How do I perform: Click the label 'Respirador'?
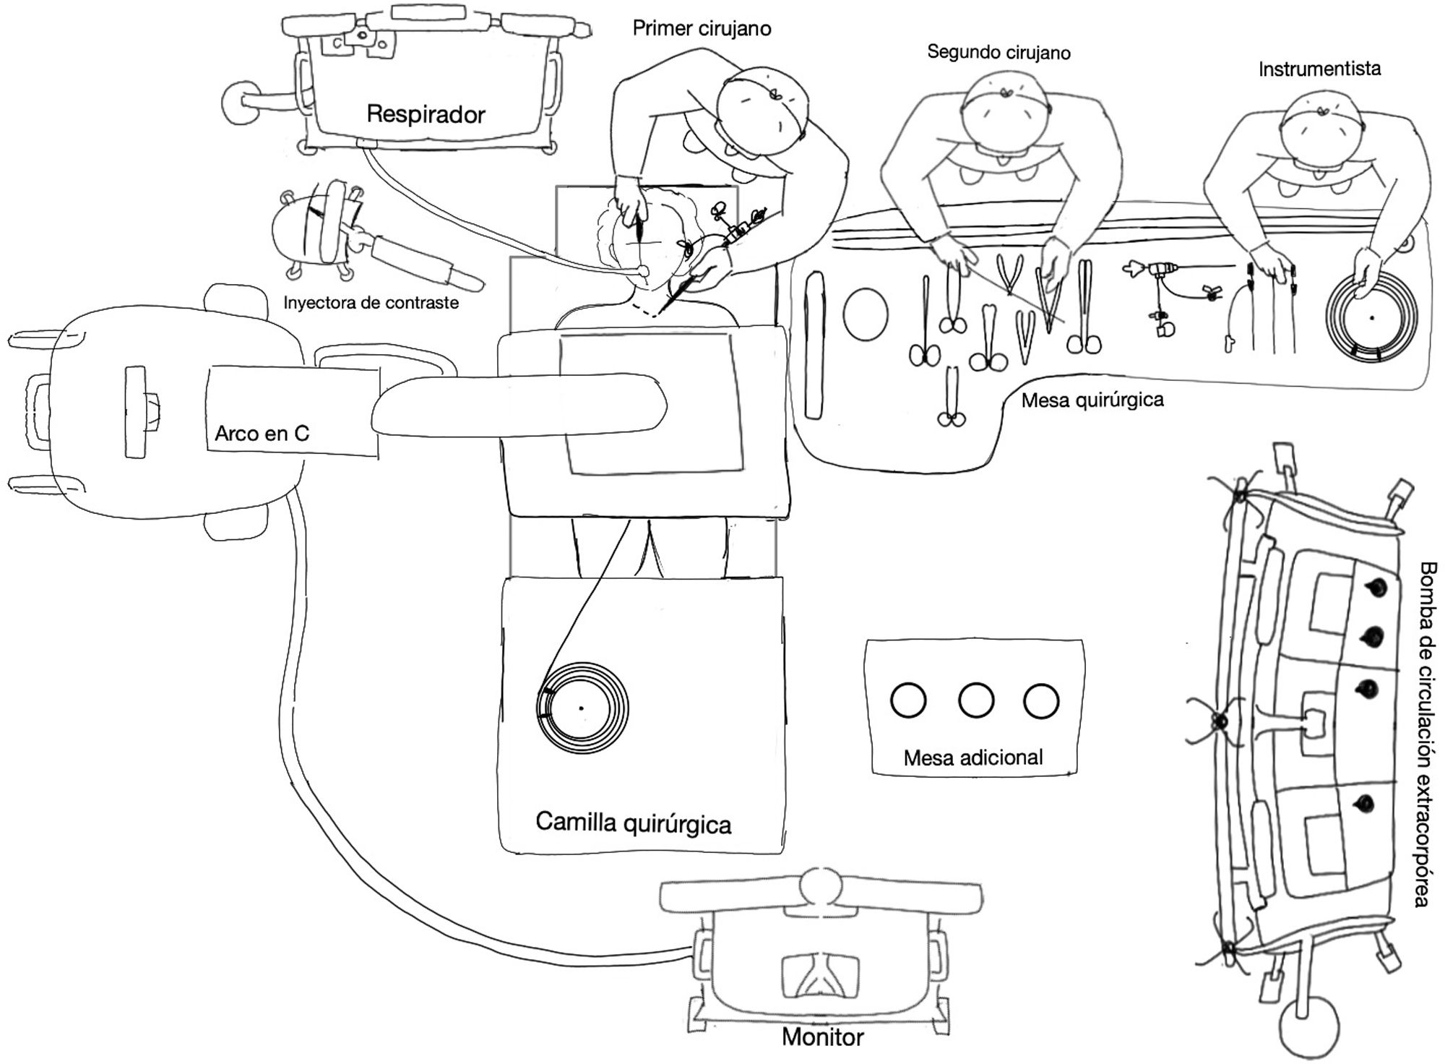[426, 114]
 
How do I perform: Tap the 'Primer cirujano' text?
[702, 28]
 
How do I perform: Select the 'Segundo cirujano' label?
[998, 52]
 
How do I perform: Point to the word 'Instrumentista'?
[1319, 69]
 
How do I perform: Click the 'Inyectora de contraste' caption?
[371, 302]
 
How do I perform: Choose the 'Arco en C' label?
[262, 433]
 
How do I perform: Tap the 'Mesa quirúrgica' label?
[1092, 400]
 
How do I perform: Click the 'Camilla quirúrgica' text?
[633, 823]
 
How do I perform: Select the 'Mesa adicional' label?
[973, 758]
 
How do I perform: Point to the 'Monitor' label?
[822, 1037]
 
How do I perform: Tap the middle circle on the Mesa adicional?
[975, 700]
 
